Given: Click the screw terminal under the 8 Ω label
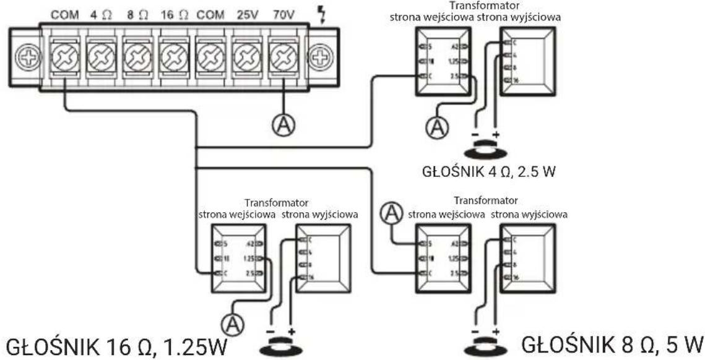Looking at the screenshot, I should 137,59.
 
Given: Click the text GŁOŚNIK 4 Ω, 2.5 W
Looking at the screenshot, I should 488,171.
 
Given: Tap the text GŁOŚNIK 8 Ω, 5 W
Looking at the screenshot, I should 612,341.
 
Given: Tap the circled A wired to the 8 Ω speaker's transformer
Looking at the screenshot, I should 391,213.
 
